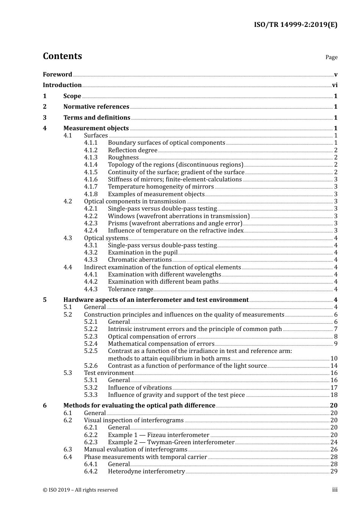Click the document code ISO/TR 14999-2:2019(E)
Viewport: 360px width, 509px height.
295,25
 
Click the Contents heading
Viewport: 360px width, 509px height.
62,56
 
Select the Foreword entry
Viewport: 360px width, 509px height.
57,75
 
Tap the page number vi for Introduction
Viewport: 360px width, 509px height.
335,85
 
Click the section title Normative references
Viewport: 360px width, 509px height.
96,107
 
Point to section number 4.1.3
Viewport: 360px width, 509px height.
91,158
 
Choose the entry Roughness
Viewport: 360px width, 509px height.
123,158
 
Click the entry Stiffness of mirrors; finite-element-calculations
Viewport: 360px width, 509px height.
175,180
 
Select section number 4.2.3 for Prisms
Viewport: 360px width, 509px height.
91,223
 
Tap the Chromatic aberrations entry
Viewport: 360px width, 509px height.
140,260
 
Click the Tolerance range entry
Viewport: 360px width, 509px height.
130,289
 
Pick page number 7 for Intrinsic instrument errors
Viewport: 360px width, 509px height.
336,329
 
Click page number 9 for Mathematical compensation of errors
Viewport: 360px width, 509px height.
336,344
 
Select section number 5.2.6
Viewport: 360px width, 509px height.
91,366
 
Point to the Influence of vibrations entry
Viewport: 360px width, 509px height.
140,388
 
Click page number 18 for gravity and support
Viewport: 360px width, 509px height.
334,395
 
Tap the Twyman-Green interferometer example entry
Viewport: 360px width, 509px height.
171,442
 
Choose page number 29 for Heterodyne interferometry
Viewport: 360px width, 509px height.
334,472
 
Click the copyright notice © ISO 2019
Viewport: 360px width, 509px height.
80,490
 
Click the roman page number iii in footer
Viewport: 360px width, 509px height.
335,490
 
